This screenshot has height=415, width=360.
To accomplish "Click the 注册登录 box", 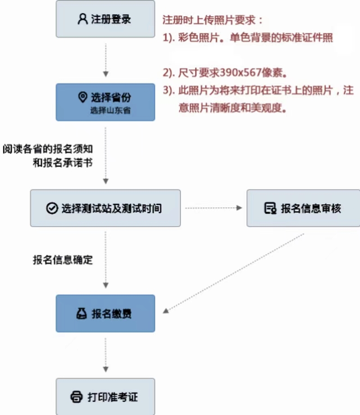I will click(x=105, y=19).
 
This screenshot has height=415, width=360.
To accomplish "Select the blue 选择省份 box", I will click(x=105, y=102).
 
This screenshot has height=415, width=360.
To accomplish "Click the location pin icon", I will click(x=82, y=97).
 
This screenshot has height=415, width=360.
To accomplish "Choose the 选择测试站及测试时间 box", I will click(x=105, y=208).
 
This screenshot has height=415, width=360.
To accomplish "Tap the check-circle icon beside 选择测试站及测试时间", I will click(x=52, y=208).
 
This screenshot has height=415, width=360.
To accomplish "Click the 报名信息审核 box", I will click(x=303, y=208).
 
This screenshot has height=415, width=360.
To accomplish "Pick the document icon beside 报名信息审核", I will click(x=270, y=208).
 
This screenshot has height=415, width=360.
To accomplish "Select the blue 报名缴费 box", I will click(x=105, y=313).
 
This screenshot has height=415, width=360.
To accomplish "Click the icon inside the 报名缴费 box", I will click(x=82, y=314).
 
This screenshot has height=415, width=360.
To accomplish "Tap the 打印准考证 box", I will click(x=105, y=397).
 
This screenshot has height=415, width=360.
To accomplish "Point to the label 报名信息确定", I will click(x=63, y=260).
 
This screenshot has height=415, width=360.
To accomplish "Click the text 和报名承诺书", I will click(x=63, y=163).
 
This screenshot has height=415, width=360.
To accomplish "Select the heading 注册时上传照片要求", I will click(x=212, y=21).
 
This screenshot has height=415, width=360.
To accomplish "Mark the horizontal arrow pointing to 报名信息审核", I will click(x=214, y=208).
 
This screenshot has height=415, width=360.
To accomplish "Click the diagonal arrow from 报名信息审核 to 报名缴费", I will click(x=234, y=273).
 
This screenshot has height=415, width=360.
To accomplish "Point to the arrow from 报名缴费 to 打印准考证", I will click(x=105, y=355).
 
